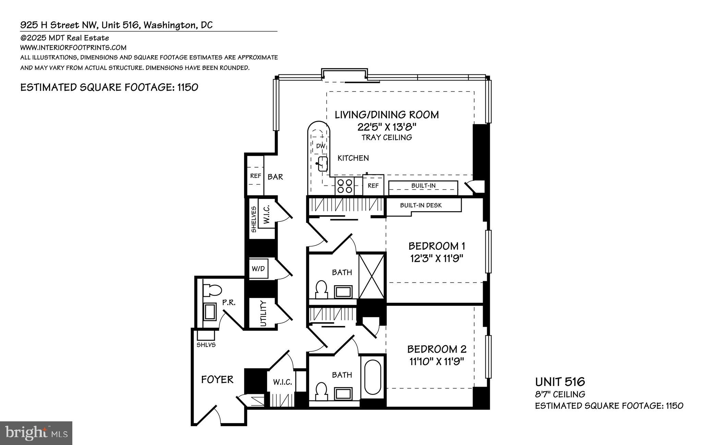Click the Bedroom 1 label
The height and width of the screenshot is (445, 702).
click(436, 246)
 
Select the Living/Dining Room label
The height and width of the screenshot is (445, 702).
click(387, 115)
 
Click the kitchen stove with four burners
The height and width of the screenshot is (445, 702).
click(344, 186)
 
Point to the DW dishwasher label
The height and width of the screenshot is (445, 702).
click(320, 146)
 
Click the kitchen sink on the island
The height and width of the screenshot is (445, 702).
click(322, 164)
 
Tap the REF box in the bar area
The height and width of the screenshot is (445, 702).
click(256, 176)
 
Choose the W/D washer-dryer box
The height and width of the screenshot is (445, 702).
click(258, 268)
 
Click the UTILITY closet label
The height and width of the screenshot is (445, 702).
click(263, 314)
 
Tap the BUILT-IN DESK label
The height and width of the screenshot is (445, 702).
click(421, 205)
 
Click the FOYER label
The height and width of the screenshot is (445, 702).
click(217, 380)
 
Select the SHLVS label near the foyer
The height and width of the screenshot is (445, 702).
click(206, 345)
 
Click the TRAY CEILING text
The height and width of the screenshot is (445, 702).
click(387, 137)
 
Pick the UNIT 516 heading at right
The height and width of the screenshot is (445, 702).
click(560, 382)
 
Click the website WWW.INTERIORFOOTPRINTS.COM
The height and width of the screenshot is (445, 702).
click(73, 48)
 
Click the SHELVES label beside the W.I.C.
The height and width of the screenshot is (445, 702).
click(254, 219)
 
